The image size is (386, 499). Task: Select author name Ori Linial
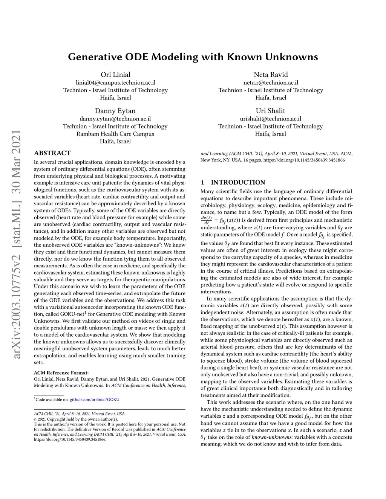coord(115,75)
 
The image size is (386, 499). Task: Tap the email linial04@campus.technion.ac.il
coord(115,82)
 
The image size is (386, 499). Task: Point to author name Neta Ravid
coord(271,75)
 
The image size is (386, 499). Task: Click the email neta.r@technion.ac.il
coord(271,82)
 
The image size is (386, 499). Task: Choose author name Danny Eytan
coord(115,111)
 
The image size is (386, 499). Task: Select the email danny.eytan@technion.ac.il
coord(115,119)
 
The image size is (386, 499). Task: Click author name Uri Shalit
coord(270,111)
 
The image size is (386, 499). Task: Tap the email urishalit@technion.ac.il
coord(270,119)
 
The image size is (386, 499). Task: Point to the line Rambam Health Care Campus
coord(115,134)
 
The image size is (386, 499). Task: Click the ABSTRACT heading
coord(52,153)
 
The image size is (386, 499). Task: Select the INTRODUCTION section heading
coord(238,182)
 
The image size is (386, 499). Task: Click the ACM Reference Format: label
coord(61,373)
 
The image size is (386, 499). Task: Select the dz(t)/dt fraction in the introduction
coord(206,220)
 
